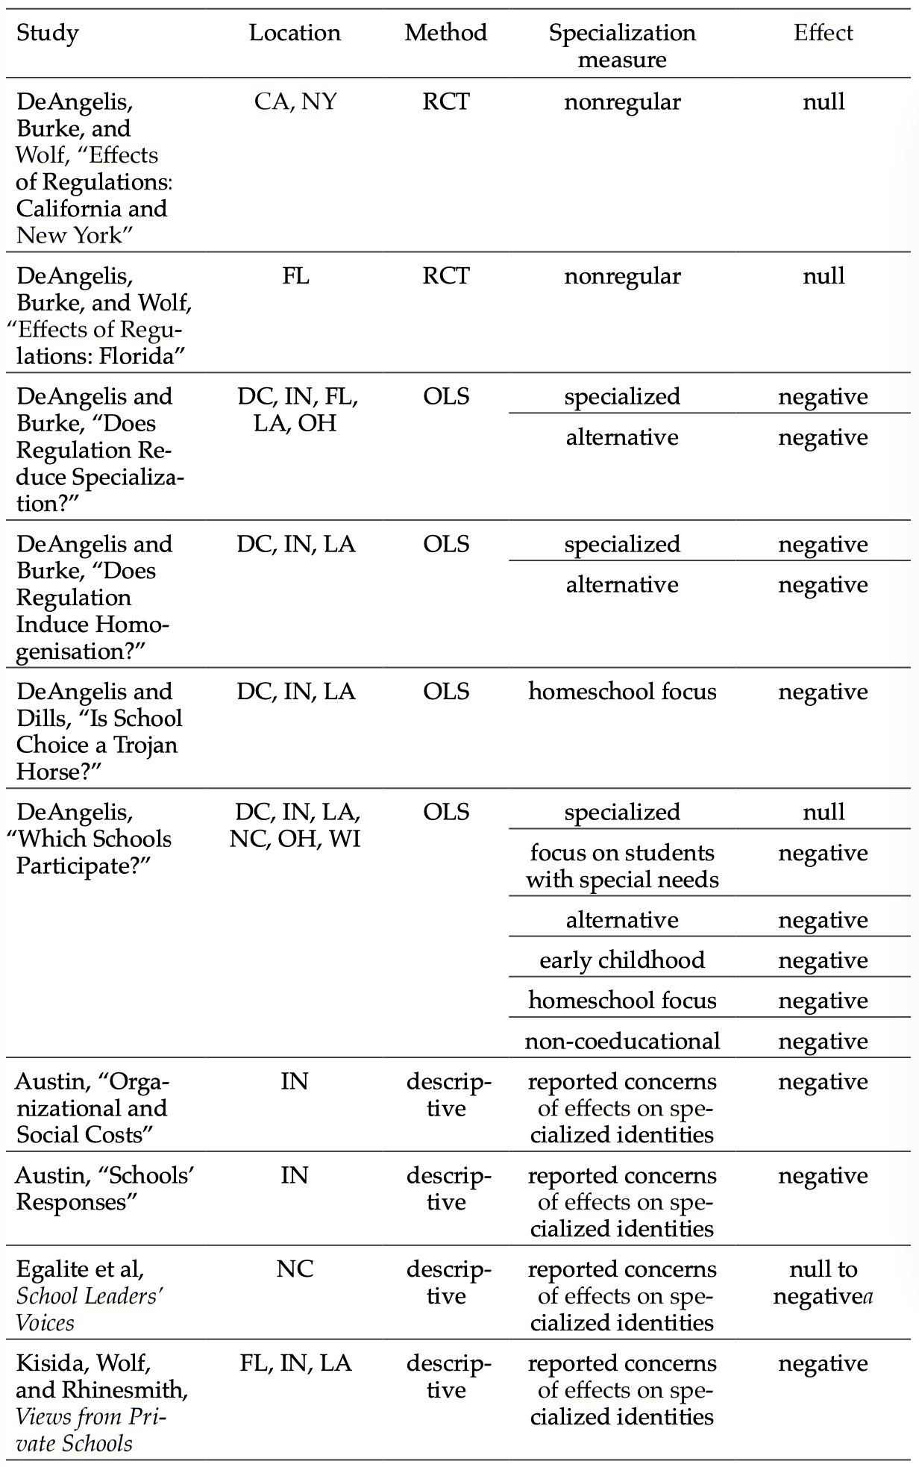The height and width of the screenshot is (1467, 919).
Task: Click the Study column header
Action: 47,34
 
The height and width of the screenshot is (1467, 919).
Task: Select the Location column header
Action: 295,33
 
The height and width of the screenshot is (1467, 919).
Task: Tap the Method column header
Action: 445,33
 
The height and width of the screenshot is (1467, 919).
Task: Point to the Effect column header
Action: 823,33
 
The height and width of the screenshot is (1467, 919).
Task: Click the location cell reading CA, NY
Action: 295,101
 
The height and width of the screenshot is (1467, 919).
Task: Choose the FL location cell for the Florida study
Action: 295,277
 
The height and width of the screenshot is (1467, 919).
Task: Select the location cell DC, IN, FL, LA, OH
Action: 297,410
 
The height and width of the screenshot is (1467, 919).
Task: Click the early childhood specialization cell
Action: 621,960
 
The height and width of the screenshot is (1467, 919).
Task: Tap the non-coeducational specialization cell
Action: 621,1041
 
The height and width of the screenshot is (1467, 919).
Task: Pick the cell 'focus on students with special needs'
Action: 621,866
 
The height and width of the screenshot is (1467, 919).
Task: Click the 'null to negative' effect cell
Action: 823,1283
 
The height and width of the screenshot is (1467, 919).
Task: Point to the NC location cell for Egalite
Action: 295,1269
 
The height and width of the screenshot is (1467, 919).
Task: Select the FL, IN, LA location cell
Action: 295,1363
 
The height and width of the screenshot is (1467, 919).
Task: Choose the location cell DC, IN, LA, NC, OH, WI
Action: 296,825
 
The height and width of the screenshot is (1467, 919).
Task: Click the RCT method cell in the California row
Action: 445,101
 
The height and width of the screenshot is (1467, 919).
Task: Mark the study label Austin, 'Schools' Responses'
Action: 104,1189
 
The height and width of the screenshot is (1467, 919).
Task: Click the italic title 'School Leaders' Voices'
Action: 90,1310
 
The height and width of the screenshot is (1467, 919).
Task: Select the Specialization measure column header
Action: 621,46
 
